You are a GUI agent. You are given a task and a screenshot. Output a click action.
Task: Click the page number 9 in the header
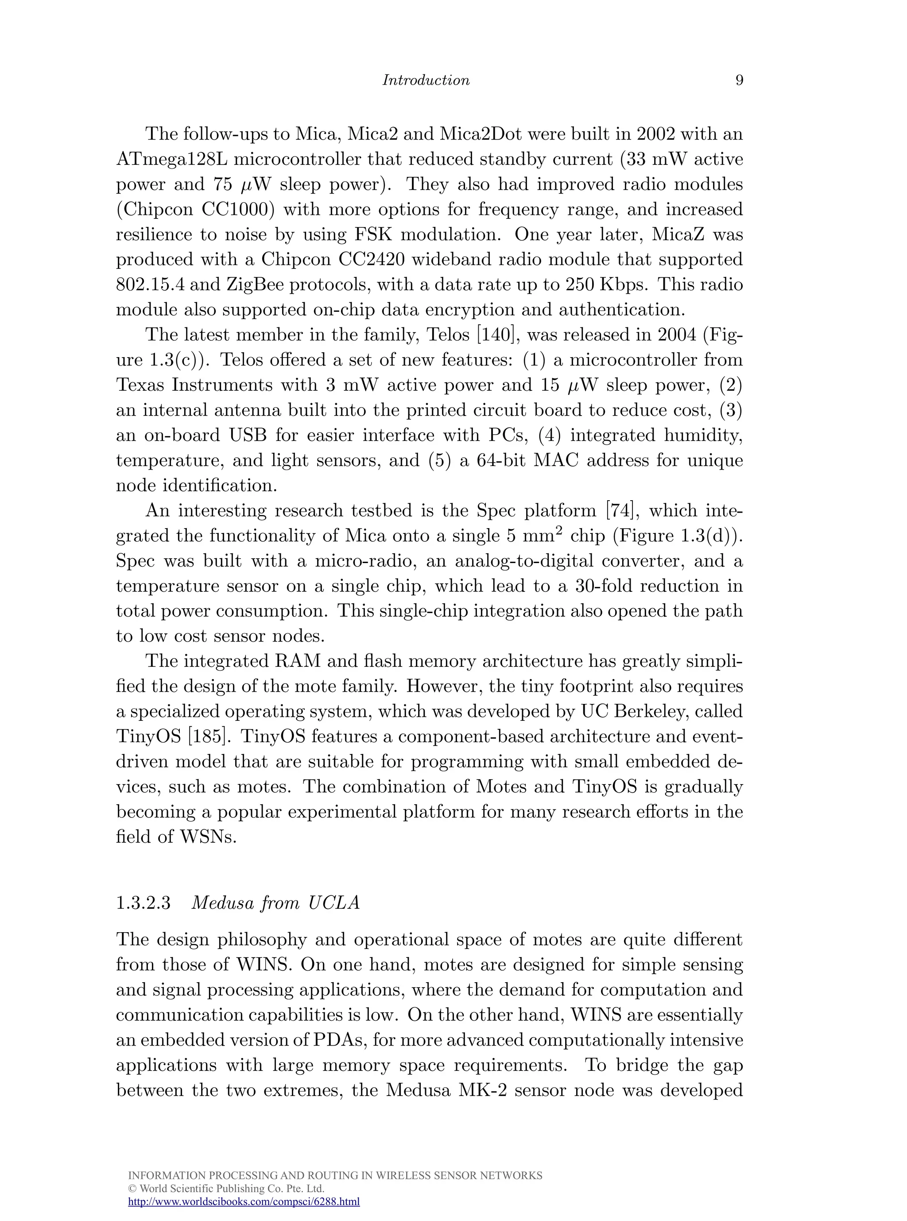tap(739, 80)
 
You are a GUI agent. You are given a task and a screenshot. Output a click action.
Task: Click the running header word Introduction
tap(426, 80)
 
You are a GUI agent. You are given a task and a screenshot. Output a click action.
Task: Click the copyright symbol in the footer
tap(131, 1189)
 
